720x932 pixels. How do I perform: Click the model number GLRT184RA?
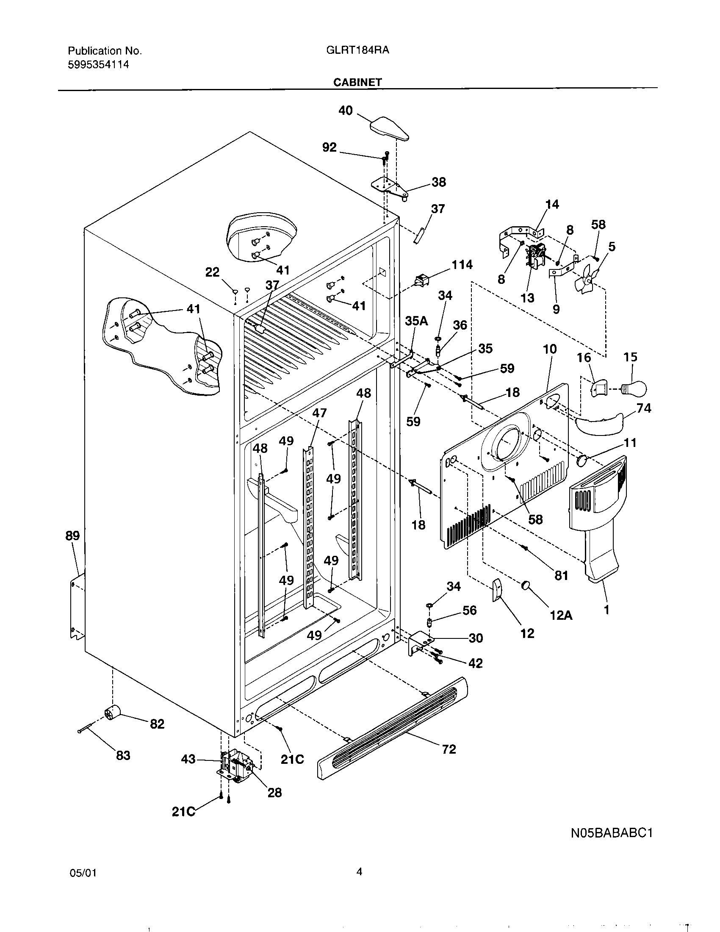(x=357, y=50)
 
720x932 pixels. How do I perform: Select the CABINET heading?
(x=357, y=82)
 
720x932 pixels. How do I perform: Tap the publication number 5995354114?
(x=98, y=65)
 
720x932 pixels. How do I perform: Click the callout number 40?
(x=346, y=111)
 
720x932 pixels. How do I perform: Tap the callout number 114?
(x=462, y=265)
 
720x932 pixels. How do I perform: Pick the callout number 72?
(x=449, y=749)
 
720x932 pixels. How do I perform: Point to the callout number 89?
(x=72, y=535)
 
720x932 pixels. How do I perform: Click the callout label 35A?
(x=416, y=321)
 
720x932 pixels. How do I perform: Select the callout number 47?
(x=319, y=413)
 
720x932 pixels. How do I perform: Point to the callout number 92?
(x=329, y=147)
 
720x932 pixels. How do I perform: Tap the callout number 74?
(x=644, y=408)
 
